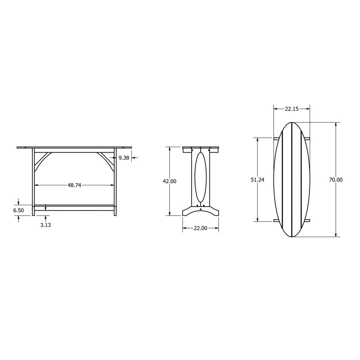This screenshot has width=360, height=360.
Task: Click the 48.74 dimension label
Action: tap(74, 185)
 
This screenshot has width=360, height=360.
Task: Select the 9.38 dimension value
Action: tap(124, 158)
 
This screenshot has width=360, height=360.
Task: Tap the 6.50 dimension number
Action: tap(18, 210)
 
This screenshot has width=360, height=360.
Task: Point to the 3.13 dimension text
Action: tap(45, 225)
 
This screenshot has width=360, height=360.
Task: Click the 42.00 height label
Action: tap(170, 181)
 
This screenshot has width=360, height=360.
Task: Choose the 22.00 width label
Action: tap(200, 228)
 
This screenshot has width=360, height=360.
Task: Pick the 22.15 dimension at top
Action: tap(292, 109)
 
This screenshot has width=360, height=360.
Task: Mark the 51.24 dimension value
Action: tap(257, 180)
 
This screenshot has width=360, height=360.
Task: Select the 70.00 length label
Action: tap(336, 180)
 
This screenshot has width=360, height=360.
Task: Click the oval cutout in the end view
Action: tap(195, 177)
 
